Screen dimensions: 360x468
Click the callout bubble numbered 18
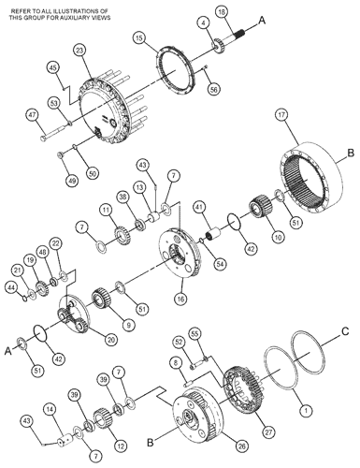tap(222, 12)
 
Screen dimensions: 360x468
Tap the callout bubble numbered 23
tap(80, 51)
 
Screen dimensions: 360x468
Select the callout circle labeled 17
tap(281, 115)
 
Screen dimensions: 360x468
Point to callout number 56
tap(214, 89)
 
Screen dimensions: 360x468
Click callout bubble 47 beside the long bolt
tap(32, 115)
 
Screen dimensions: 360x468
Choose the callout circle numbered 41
tap(200, 207)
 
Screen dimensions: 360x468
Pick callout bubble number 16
tap(180, 299)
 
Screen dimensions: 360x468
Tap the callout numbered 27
tap(268, 432)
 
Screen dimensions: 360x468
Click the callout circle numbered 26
tap(242, 446)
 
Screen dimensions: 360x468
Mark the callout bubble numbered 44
tap(12, 287)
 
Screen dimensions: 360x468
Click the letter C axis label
tap(345, 331)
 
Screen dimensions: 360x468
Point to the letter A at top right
tap(262, 21)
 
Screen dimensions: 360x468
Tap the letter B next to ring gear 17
tap(351, 154)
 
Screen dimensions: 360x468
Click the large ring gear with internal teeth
tap(310, 177)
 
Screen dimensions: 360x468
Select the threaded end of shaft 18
tap(239, 32)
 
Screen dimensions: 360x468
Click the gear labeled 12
tap(102, 418)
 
